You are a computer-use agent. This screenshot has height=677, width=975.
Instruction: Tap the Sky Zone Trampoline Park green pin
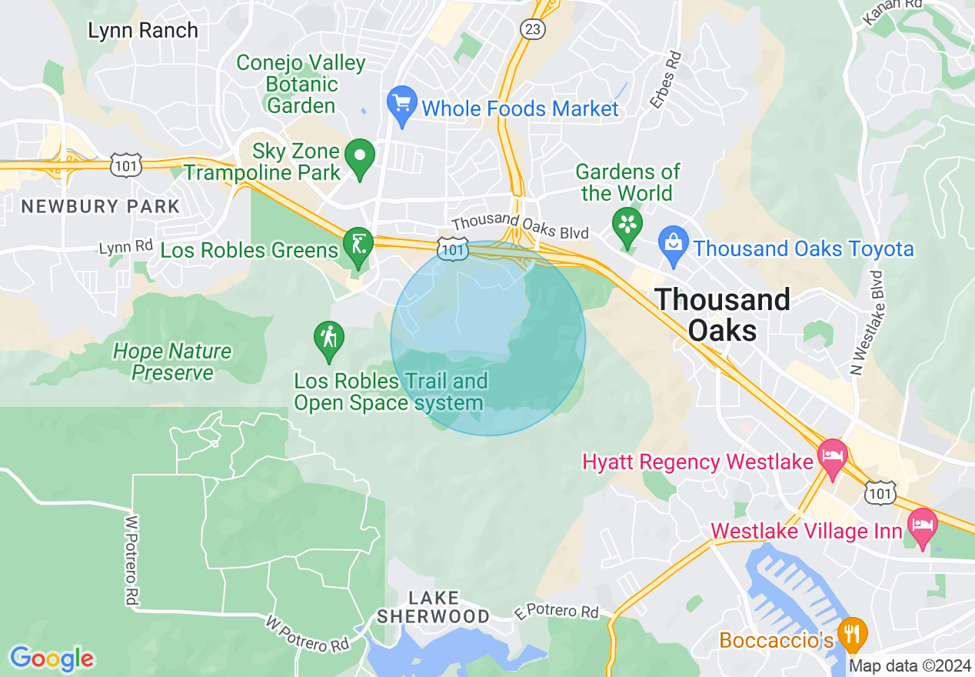(x=359, y=158)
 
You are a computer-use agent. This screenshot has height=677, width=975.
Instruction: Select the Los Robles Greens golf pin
(x=358, y=245)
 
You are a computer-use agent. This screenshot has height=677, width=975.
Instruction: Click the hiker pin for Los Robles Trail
(x=329, y=339)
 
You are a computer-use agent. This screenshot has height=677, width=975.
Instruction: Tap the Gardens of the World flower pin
(x=627, y=225)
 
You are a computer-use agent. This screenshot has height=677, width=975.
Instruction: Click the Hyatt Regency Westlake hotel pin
(x=832, y=456)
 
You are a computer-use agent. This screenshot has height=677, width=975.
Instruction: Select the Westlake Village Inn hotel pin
(x=922, y=526)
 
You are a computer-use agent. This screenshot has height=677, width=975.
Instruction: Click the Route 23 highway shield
(x=531, y=29)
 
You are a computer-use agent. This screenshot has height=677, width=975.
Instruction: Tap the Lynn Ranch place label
(x=143, y=31)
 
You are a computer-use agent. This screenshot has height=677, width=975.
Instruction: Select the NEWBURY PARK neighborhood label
(x=100, y=206)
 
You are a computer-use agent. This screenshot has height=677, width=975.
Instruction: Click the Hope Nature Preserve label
(x=171, y=362)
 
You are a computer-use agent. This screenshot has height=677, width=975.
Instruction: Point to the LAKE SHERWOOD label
(x=433, y=607)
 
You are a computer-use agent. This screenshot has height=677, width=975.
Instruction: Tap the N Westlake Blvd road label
(x=867, y=323)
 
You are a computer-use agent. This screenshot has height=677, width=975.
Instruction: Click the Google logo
(x=52, y=659)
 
